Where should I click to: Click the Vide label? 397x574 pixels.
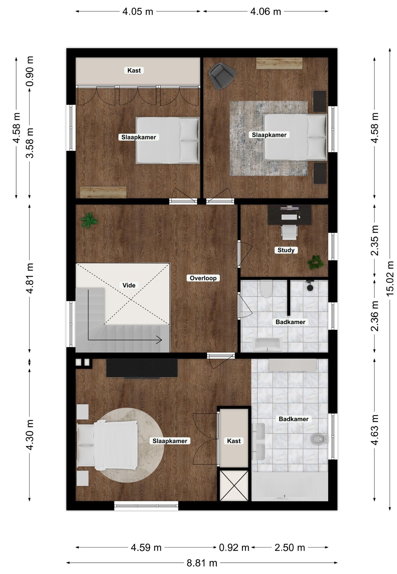coord(129,285)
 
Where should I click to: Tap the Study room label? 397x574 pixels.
coord(286,250)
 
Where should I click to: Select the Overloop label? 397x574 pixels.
coord(203,278)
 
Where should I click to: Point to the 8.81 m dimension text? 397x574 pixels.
coord(202,563)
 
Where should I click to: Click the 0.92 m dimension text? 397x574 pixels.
coord(234,547)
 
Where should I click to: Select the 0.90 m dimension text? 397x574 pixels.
coord(30,71)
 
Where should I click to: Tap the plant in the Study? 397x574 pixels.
coord(315,262)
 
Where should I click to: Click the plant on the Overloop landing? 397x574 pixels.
coord(88,221)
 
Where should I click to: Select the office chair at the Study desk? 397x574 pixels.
coord(289,232)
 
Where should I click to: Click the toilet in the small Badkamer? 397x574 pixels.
coord(265,288)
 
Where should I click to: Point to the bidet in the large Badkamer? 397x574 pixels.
coord(319,439)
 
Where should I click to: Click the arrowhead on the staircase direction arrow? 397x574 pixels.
coord(160,340)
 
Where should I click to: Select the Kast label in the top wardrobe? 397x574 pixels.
coord(134,71)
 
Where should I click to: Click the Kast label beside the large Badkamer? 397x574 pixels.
coord(233,441)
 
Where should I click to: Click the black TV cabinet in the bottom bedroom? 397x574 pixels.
coord(142,368)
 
